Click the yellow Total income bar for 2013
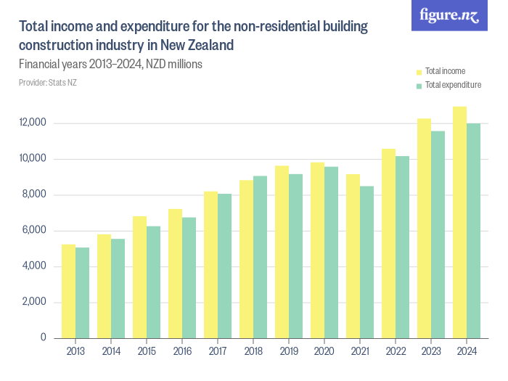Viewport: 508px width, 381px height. (x=68, y=291)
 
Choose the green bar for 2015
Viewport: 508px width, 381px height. (x=153, y=282)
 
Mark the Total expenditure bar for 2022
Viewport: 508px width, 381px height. (x=402, y=247)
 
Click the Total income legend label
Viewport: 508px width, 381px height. (x=445, y=71)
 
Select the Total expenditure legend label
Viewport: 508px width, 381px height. (x=453, y=85)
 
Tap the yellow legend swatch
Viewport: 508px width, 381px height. (x=419, y=72)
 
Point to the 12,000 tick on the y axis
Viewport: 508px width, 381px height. (x=33, y=123)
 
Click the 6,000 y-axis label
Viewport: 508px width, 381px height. (x=33, y=230)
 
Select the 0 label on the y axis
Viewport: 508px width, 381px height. (x=44, y=338)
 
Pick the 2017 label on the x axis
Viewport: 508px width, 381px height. (x=218, y=351)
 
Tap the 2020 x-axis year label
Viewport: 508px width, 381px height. (x=324, y=351)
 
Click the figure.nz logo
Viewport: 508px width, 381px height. (x=449, y=15)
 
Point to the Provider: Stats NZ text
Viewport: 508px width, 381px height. (x=47, y=83)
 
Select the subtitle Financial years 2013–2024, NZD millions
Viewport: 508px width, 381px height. (x=110, y=64)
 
